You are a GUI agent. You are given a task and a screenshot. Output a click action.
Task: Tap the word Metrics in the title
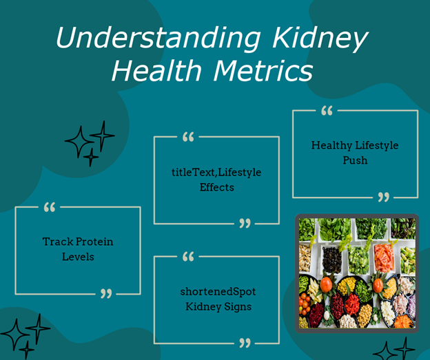pyautogui.click(x=263, y=70)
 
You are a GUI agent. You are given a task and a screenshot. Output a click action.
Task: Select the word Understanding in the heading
pyautogui.click(x=158, y=38)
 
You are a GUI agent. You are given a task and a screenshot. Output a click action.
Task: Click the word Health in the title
pyautogui.click(x=157, y=70)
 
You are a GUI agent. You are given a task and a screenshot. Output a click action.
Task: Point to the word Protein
pyautogui.click(x=94, y=242)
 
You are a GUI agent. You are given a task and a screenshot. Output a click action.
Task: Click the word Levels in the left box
pyautogui.click(x=78, y=257)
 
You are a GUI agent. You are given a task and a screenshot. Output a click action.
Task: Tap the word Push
pyautogui.click(x=355, y=160)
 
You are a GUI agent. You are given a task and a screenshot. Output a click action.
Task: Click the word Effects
pyautogui.click(x=216, y=187)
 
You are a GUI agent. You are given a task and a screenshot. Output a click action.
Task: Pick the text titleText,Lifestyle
pyautogui.click(x=216, y=173)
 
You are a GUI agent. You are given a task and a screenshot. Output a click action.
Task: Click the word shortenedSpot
pyautogui.click(x=218, y=292)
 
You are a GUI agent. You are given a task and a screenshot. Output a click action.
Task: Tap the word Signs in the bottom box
pyautogui.click(x=238, y=307)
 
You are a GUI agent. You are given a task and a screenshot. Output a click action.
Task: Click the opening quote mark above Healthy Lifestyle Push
pyautogui.click(x=327, y=111)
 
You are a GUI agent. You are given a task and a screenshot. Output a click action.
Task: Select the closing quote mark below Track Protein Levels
pyautogui.click(x=106, y=293)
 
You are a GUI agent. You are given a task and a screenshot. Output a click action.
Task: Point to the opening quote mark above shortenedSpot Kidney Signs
pyautogui.click(x=188, y=257)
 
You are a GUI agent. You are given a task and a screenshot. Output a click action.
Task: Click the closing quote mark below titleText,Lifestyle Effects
pyautogui.click(x=245, y=223)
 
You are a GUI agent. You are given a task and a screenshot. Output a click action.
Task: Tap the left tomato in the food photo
pyautogui.click(x=326, y=284)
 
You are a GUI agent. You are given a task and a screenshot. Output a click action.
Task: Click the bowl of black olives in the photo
pyautogui.click(x=332, y=260)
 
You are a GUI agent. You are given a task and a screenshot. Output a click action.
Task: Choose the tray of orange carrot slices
pyautogui.click(x=384, y=257)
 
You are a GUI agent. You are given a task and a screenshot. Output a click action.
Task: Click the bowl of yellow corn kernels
pyautogui.click(x=346, y=286)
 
